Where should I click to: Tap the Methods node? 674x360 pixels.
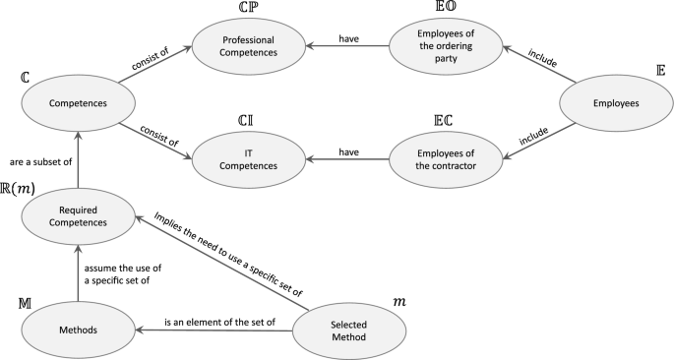[76, 329]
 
